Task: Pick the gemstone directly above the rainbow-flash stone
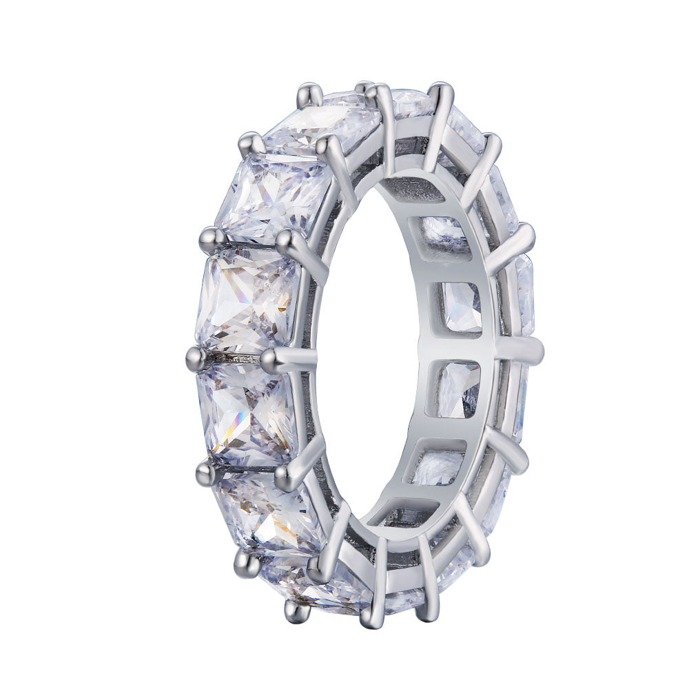pyautogui.click(x=248, y=300)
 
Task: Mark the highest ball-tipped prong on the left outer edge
pyautogui.click(x=308, y=92)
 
